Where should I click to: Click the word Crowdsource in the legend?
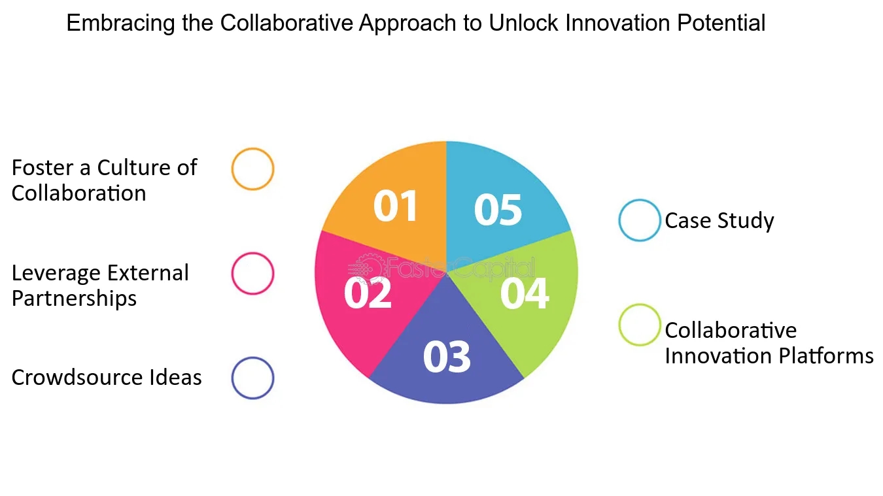pos(77,378)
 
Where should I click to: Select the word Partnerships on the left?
pos(74,299)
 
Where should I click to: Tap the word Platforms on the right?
pos(826,356)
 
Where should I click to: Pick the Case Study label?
pos(719,221)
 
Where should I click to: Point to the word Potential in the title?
pos(721,22)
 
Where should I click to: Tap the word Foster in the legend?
pos(43,168)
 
